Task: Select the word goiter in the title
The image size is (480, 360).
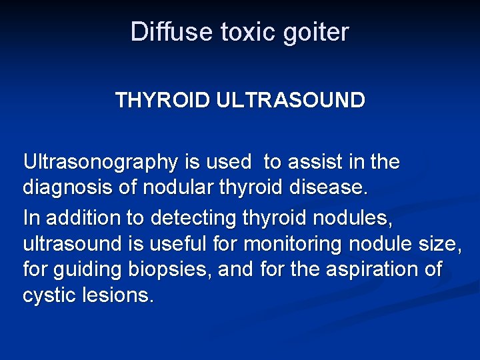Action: (x=316, y=32)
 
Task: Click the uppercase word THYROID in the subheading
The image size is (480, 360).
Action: (x=162, y=101)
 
